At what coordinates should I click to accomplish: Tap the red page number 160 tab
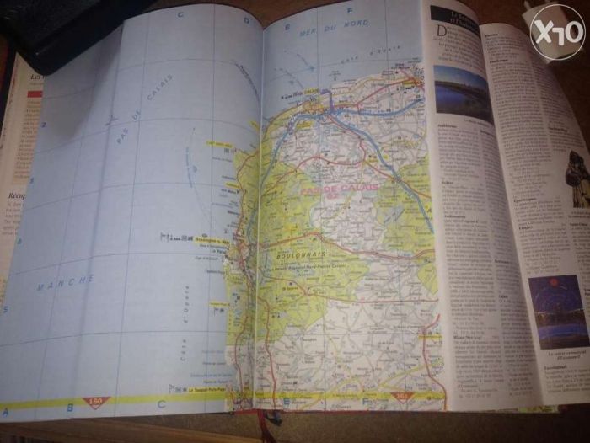95,403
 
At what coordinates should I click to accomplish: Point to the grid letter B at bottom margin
70,410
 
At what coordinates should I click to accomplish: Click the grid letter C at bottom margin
160,404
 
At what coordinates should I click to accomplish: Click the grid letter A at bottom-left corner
7,412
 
